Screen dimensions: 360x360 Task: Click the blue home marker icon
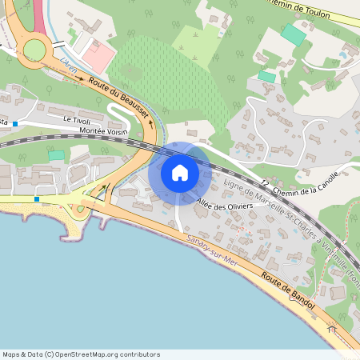180,172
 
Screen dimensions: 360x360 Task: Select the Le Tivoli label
78,118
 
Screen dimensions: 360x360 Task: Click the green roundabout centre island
34,50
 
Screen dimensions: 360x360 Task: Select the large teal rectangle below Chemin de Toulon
294,35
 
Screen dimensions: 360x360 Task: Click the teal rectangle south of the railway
56,155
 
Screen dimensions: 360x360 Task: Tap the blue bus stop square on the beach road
37,199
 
